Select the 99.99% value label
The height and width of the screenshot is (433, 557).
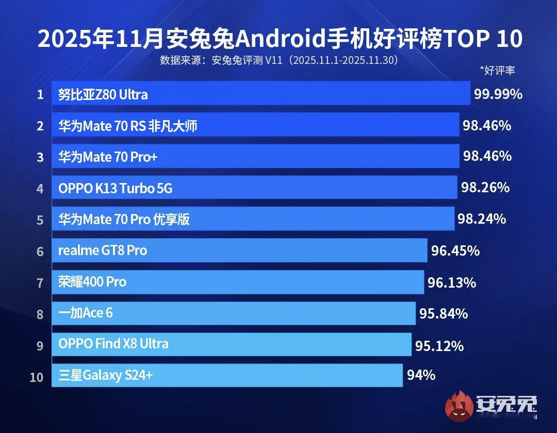pyautogui.click(x=498, y=94)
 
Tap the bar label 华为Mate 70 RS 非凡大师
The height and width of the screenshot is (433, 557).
pyautogui.click(x=128, y=125)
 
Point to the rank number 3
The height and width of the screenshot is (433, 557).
pyautogui.click(x=40, y=157)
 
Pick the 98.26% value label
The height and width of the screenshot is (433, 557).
pyautogui.click(x=485, y=187)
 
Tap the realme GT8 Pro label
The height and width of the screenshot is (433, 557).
pyautogui.click(x=103, y=251)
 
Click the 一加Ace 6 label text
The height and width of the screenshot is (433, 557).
pyautogui.click(x=85, y=313)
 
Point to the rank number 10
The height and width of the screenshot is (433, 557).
pyautogui.click(x=37, y=377)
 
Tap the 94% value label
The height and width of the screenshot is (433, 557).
pyautogui.click(x=421, y=375)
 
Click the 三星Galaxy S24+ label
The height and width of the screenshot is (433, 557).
pyautogui.click(x=105, y=376)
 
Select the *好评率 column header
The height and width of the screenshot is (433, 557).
pyautogui.click(x=497, y=71)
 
